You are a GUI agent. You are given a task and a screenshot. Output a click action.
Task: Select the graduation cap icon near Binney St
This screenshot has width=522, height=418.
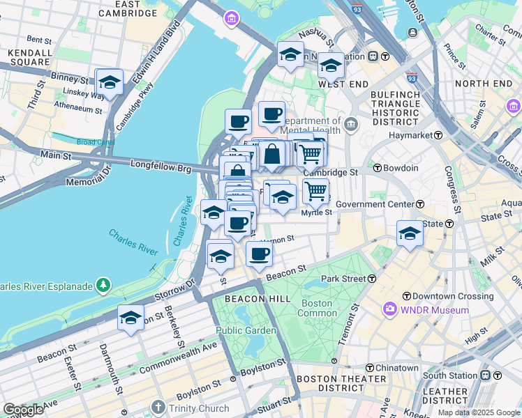tap(110, 82)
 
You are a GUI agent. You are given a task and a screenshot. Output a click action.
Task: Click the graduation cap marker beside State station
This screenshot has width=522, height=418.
tap(410, 233)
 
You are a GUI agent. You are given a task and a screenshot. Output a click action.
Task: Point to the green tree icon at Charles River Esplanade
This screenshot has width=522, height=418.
tap(103, 285)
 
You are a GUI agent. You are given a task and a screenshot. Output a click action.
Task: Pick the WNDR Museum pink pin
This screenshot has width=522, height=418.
tap(389, 309)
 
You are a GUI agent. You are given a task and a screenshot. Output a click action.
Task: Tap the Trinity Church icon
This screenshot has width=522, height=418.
tap(158, 408)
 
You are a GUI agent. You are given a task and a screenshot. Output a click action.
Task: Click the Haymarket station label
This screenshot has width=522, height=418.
tap(412, 134)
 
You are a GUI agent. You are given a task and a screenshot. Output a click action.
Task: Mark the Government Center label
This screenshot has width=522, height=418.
tap(375, 204)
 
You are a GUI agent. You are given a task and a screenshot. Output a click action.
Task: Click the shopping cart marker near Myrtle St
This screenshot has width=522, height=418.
tap(315, 190)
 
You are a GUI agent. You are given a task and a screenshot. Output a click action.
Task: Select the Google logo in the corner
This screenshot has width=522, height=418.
tap(22, 410)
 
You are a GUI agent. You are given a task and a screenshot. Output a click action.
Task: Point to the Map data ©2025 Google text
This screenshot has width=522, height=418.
tap(479, 412)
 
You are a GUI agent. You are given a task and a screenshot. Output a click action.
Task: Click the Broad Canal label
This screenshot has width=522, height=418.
tap(96, 142)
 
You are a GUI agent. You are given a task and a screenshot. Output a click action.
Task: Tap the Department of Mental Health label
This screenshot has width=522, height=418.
tap(311, 125)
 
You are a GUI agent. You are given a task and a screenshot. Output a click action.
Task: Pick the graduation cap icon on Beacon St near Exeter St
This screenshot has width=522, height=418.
tap(130, 318)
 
